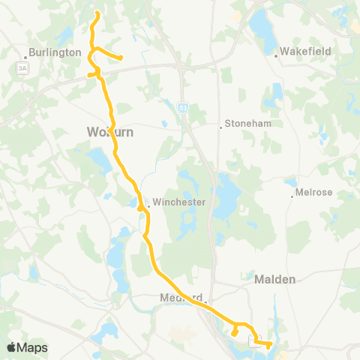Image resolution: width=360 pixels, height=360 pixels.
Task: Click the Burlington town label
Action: [55, 53]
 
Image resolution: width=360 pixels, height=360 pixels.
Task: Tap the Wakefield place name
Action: [305, 52]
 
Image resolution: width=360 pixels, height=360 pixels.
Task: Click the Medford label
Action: [177, 298]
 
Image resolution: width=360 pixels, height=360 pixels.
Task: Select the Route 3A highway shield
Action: [22, 67]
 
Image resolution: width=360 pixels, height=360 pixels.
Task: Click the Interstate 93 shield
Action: [183, 108]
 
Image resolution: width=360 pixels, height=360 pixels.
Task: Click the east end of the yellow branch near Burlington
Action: [121, 58]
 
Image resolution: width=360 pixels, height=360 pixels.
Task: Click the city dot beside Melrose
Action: [293, 196]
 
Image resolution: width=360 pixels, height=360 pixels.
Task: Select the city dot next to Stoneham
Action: [220, 127]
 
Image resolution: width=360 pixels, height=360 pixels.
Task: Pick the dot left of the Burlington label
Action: [26, 54]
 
